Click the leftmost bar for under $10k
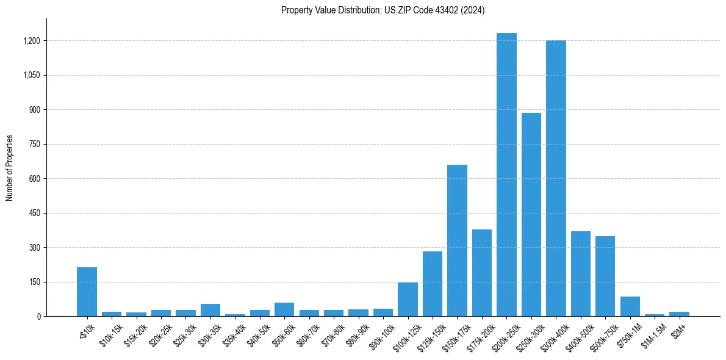click(x=87, y=292)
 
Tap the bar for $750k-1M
click(x=630, y=306)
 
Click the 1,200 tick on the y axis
click(x=32, y=41)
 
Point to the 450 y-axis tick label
click(x=34, y=214)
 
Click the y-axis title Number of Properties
click(x=10, y=168)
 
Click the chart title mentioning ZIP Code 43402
click(x=383, y=10)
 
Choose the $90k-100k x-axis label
click(x=381, y=335)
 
